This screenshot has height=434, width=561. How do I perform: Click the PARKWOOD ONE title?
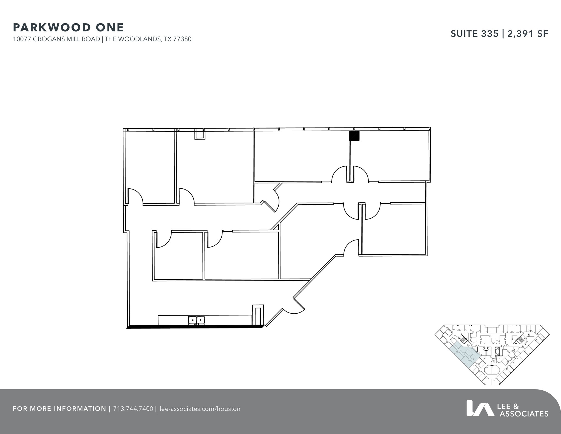point(68,27)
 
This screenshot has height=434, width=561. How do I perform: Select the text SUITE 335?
point(474,34)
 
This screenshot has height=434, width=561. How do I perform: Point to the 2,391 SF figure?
point(528,34)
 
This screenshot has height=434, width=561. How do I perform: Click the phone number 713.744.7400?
point(133,409)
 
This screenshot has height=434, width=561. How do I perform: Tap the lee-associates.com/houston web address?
point(200,409)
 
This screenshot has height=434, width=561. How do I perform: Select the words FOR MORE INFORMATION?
point(59,409)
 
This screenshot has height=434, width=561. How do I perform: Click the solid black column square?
point(354,136)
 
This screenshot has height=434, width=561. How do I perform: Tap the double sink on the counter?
point(196,320)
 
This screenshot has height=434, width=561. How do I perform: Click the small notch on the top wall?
point(200,135)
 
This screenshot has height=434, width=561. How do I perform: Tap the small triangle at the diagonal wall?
point(276,228)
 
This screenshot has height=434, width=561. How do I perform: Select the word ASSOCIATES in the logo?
point(524,414)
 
